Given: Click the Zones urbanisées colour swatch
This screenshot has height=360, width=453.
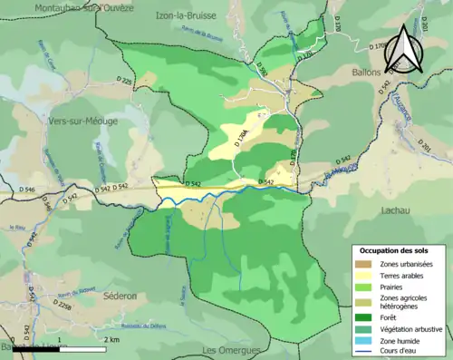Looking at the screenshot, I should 361,264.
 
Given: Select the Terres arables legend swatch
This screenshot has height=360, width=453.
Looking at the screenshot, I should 361,275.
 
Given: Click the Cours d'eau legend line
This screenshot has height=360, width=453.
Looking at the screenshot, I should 361,350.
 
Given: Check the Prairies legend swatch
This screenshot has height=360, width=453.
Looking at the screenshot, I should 361,287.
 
